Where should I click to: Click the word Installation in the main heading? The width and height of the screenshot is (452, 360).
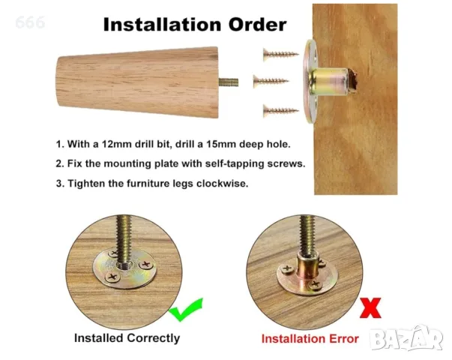[x=162, y=24]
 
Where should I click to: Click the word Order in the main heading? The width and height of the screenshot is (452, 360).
[x=258, y=24]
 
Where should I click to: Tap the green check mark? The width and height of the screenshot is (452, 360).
[x=186, y=310]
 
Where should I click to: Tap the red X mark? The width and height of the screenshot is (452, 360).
[x=370, y=308]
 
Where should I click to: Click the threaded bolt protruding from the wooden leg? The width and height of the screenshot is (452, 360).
[x=229, y=82]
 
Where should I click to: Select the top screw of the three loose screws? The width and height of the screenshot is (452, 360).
[x=281, y=54]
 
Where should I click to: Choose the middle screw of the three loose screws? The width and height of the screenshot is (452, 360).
[x=271, y=81]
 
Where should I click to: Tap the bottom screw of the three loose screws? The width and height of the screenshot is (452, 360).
[x=281, y=111]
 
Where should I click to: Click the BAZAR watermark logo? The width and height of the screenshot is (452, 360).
[x=406, y=339]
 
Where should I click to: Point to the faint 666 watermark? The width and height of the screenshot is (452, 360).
[x=30, y=22]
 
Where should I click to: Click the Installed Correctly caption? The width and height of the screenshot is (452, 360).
[x=127, y=338]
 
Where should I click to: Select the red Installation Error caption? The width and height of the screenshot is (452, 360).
[x=310, y=339]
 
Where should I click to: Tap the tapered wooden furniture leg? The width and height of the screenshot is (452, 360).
[x=137, y=82]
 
